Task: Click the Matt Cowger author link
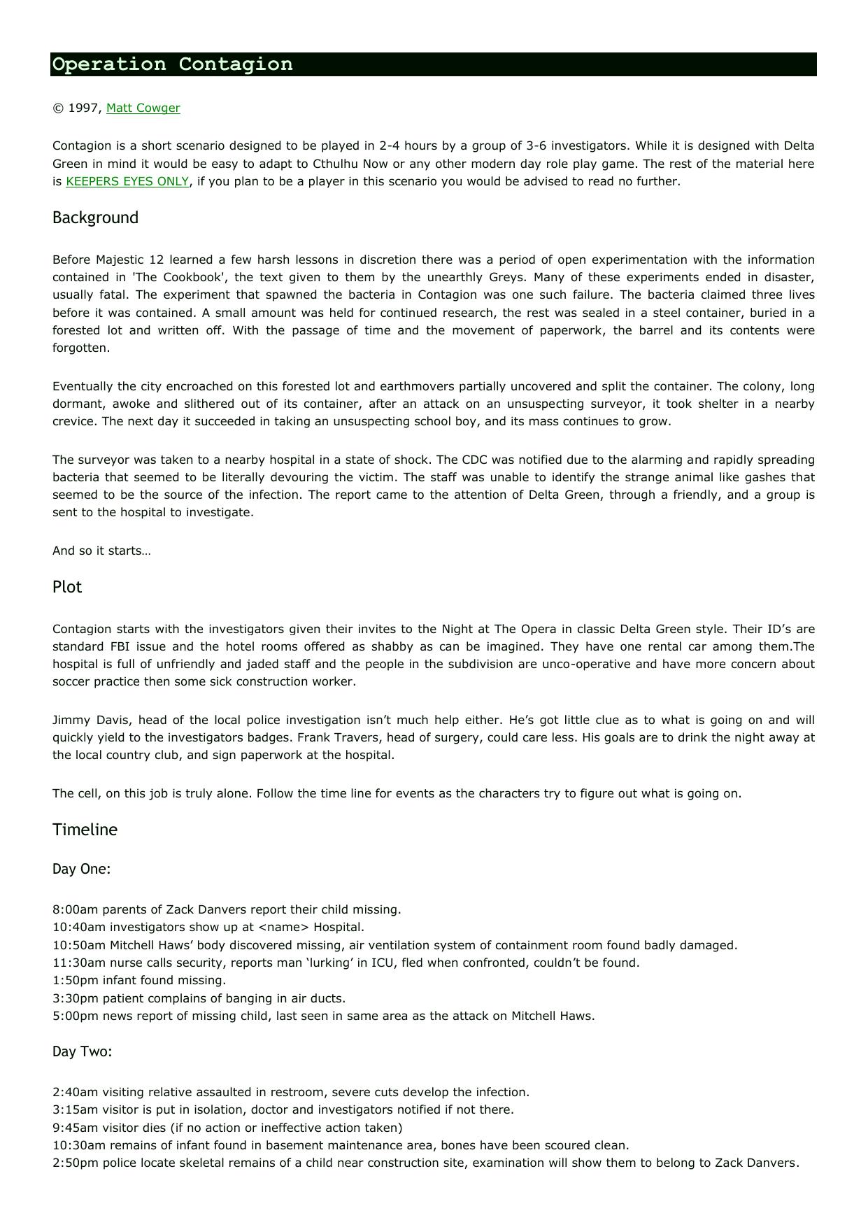pyautogui.click(x=143, y=108)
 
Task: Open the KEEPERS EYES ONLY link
pyautogui.click(x=127, y=181)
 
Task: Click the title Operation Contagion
pyautogui.click(x=173, y=64)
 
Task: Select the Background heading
pyautogui.click(x=95, y=218)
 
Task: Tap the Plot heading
pyautogui.click(x=67, y=587)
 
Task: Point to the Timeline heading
pyautogui.click(x=85, y=830)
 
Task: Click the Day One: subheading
pyautogui.click(x=81, y=869)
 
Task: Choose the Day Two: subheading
pyautogui.click(x=82, y=1051)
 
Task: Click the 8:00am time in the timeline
pyautogui.click(x=76, y=909)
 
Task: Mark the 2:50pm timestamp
pyautogui.click(x=76, y=1163)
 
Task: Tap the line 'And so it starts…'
pyautogui.click(x=101, y=551)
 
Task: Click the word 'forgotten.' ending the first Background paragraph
pyautogui.click(x=81, y=348)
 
